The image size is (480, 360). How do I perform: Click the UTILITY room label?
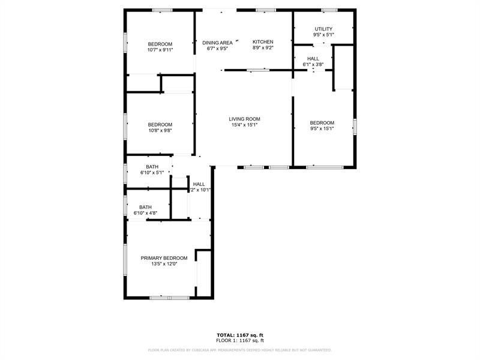coord(323,29)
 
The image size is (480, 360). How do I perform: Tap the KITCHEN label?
coord(263,42)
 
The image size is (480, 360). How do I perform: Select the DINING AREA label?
coord(217,43)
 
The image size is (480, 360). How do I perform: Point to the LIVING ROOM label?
coord(244,119)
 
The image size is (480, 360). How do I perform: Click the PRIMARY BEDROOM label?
coord(160,258)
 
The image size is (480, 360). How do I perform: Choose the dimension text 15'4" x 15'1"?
coord(244,125)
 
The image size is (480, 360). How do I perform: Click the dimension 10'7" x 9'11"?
coord(160,50)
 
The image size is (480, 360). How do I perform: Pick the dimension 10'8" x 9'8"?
coord(160,131)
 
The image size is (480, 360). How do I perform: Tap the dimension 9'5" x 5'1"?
coord(323,35)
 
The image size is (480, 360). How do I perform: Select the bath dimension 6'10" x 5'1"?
coord(152,173)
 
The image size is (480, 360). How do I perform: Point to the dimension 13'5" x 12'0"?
coord(160,264)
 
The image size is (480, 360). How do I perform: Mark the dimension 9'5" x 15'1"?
coord(322,128)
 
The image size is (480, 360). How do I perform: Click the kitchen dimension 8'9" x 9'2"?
coord(263,48)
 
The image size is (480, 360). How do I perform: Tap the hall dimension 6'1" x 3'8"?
coord(313,64)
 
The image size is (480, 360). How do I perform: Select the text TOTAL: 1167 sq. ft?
coord(240,335)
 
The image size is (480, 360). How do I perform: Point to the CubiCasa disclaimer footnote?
coord(240,350)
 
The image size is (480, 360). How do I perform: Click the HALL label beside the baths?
coord(199,184)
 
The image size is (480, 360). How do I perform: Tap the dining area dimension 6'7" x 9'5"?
coord(217,49)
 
